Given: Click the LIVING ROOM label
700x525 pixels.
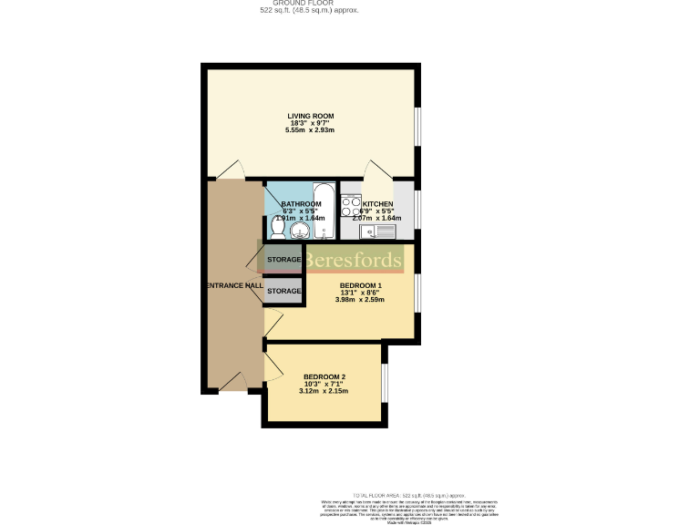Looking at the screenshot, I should [x=311, y=116].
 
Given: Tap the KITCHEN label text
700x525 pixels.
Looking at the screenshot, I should [x=377, y=204].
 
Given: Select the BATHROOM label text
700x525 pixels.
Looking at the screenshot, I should [x=301, y=204].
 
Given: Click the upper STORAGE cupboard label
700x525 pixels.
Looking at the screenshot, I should [x=283, y=260].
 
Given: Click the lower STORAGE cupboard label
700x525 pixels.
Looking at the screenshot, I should [x=283, y=291].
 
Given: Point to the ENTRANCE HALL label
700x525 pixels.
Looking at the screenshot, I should [x=234, y=285].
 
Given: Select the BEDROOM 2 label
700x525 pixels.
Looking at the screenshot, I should [x=324, y=376].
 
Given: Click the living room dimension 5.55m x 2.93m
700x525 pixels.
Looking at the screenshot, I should [x=311, y=131].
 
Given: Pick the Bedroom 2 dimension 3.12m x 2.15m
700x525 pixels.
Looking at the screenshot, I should [x=324, y=392].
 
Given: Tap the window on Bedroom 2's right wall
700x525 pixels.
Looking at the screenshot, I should [x=384, y=383].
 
